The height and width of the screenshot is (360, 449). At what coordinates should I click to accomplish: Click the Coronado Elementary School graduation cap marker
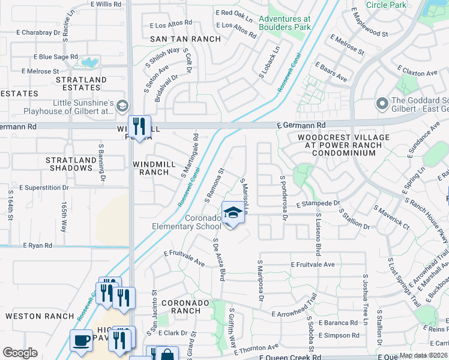click(x=233, y=212)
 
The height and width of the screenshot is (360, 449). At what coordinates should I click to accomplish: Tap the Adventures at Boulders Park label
click(x=285, y=23)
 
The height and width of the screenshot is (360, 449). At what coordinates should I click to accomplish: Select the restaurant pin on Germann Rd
click(x=139, y=126)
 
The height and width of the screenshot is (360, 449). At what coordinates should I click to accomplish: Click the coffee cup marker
click(x=82, y=340)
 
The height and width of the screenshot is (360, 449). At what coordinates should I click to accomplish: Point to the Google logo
click(x=20, y=353)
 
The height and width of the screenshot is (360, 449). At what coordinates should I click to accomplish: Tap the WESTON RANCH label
click(x=34, y=316)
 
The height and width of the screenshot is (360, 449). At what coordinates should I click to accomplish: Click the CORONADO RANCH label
click(x=177, y=307)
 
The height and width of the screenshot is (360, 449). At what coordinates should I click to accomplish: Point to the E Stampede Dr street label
click(x=318, y=204)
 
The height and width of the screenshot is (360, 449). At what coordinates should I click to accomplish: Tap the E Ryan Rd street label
click(x=37, y=245)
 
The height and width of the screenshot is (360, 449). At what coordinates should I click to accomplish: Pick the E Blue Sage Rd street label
click(x=49, y=57)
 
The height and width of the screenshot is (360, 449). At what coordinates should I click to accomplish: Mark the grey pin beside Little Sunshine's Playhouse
click(x=122, y=106)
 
